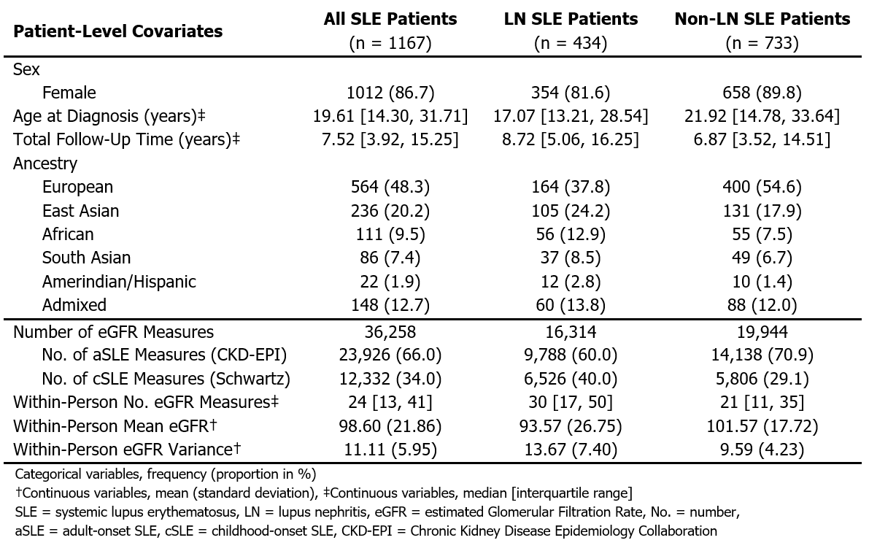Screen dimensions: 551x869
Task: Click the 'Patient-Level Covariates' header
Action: [x=118, y=31]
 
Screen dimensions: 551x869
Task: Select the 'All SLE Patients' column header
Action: [x=390, y=19]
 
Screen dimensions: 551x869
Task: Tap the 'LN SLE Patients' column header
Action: [x=571, y=19]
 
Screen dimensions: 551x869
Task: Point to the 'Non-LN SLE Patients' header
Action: [x=762, y=19]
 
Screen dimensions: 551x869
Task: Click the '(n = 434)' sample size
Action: [x=571, y=43]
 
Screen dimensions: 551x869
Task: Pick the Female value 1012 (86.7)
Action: [x=390, y=93]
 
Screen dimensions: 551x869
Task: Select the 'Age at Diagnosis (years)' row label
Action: [x=109, y=116]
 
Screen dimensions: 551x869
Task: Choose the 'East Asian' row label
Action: [x=80, y=211]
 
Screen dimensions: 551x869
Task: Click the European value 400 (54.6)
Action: [x=762, y=187]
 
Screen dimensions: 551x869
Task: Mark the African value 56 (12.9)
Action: [x=571, y=234]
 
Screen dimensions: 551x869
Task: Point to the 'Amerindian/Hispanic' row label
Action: [x=119, y=281]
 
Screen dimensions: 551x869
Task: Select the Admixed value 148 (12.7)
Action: [x=390, y=304]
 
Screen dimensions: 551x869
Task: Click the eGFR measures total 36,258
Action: [x=390, y=332]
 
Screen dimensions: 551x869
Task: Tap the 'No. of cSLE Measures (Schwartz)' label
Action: [x=166, y=379]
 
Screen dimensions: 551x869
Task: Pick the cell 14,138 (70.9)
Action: [x=762, y=355]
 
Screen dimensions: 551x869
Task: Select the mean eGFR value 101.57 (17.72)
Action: [x=762, y=425]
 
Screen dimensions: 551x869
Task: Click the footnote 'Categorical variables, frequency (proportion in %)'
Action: [x=155, y=474]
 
